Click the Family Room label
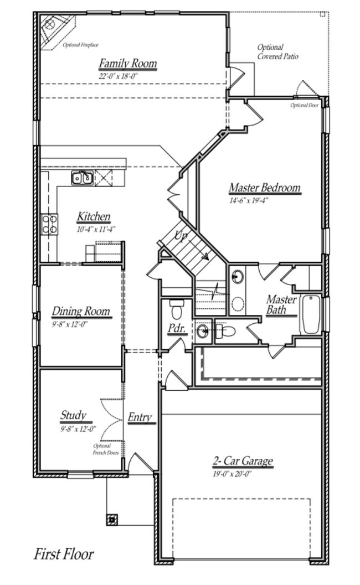pyautogui.click(x=127, y=64)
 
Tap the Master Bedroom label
pyautogui.click(x=264, y=188)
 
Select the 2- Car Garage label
pyautogui.click(x=243, y=460)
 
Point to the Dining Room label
pyautogui.click(x=81, y=312)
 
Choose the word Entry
pyautogui.click(x=140, y=417)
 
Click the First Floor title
pyautogui.click(x=64, y=553)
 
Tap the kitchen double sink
pyautogui.click(x=82, y=178)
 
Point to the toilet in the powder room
pyautogui.click(x=177, y=306)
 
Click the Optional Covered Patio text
pyautogui.click(x=278, y=52)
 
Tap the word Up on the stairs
pyautogui.click(x=181, y=236)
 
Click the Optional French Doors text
pyautogui.click(x=106, y=449)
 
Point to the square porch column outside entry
pyautogui.click(x=112, y=519)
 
